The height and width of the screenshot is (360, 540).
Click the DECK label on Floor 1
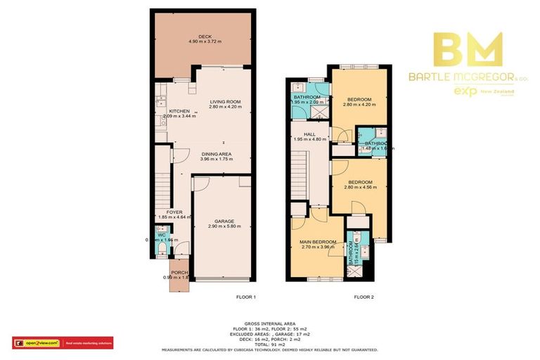pyautogui.click(x=205, y=36)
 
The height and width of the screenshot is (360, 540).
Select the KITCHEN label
pyautogui.click(x=161, y=110)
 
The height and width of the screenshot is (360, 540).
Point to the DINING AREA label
pyautogui.click(x=216, y=153)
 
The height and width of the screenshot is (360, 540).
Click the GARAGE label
pyautogui.click(x=225, y=221)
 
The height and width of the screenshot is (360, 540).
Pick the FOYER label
pyautogui.click(x=174, y=212)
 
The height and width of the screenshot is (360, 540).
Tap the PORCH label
pyautogui.click(x=178, y=274)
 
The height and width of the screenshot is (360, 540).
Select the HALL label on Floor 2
pyautogui.click(x=308, y=134)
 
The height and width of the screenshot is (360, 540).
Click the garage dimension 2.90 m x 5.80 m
pyautogui.click(x=225, y=226)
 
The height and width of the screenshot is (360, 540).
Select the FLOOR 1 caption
pyautogui.click(x=245, y=297)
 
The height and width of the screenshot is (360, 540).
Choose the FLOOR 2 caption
pyautogui.click(x=363, y=297)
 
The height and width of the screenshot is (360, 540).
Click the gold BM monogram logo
pyautogui.click(x=467, y=49)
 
